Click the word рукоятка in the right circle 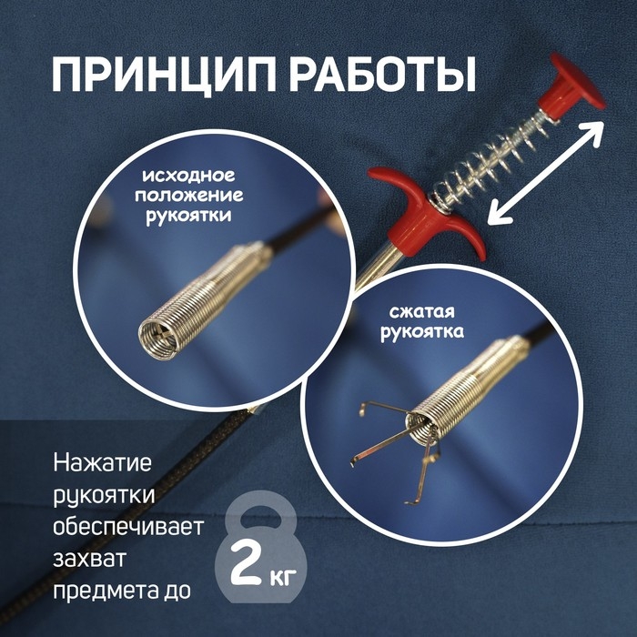(x=421, y=332)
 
